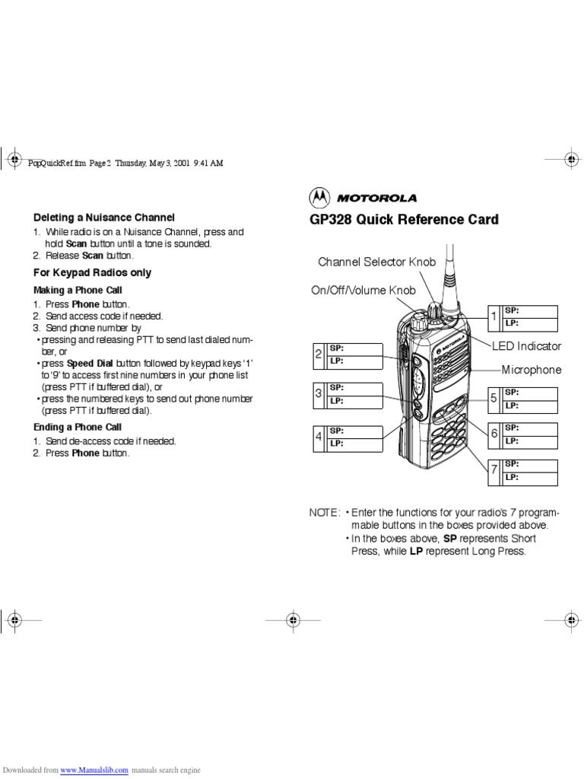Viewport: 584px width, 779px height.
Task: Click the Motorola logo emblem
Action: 319,198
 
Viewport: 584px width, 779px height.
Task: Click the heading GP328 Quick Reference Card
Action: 403,220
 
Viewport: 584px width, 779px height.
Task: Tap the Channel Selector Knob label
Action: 376,262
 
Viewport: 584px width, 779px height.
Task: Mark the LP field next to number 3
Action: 354,400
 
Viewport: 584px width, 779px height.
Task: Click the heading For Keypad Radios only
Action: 92,272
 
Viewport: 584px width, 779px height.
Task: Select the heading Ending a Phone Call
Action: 78,427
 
